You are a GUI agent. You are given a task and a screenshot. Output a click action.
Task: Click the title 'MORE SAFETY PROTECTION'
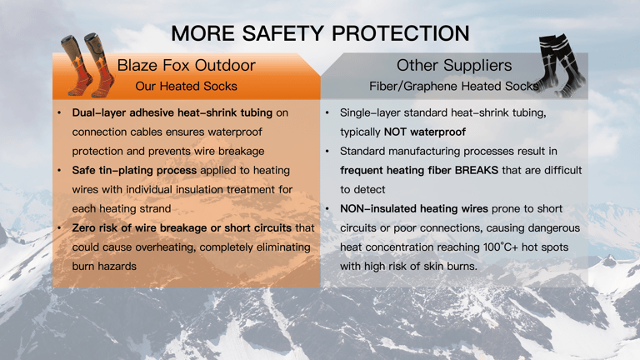coord(319,32)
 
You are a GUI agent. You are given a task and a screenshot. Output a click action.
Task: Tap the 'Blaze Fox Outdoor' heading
coord(186,65)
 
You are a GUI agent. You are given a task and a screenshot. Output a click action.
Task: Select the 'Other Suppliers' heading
coord(454,65)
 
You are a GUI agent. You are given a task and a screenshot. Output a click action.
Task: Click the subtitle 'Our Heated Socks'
coord(186,86)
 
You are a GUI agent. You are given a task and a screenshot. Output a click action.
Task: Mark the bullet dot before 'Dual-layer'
coord(58,112)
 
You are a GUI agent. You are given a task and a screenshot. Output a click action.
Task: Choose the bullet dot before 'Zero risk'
coord(58,227)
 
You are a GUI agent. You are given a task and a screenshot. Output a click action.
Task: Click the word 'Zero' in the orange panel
coord(85,227)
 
